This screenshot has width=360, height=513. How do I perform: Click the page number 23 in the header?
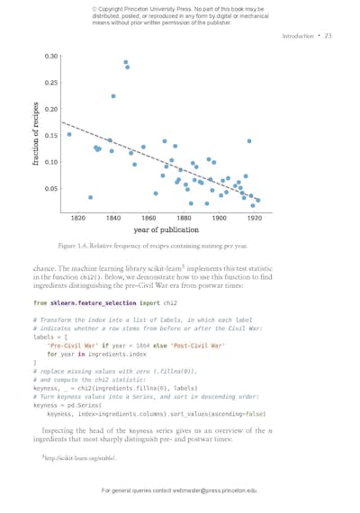[328, 36]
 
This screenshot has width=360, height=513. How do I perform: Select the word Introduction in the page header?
[298, 36]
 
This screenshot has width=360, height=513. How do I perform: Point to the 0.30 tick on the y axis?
[51, 57]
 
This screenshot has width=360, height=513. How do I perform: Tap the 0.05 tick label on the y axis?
[51, 189]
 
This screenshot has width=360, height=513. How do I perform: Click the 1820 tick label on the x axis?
[78, 219]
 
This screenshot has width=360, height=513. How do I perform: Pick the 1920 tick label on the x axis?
[255, 219]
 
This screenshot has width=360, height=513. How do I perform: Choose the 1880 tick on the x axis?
[184, 219]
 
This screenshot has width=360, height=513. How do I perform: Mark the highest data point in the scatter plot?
[126, 62]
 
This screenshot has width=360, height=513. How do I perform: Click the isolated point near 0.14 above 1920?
[249, 141]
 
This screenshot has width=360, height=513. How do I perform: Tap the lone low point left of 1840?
[90, 197]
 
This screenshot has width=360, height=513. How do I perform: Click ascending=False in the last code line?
[241, 414]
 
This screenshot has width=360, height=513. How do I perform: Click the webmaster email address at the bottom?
[217, 490]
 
